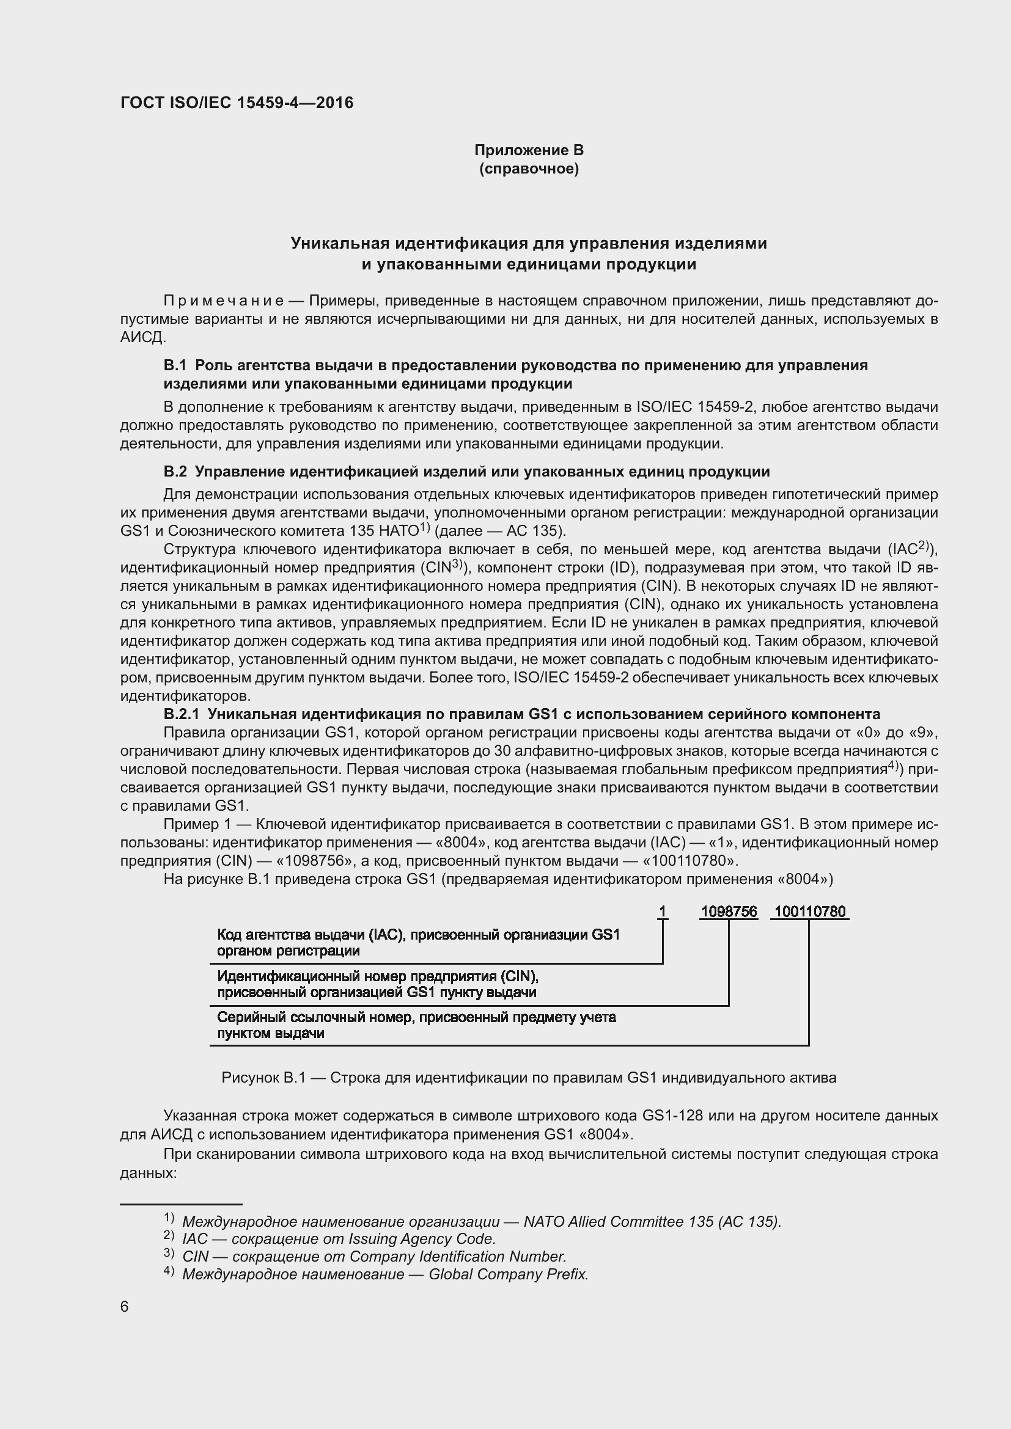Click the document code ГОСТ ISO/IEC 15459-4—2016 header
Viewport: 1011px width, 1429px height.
[237, 103]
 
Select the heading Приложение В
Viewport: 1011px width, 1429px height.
[529, 150]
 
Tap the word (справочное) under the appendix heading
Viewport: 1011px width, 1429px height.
[529, 169]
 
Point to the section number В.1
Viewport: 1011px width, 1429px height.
[175, 365]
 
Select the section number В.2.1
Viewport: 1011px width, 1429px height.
[181, 714]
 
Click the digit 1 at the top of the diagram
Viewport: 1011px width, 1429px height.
[663, 912]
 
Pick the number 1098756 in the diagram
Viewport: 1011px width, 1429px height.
[729, 912]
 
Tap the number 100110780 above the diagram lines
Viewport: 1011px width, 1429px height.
[809, 912]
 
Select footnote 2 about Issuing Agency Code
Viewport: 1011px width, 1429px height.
[339, 1238]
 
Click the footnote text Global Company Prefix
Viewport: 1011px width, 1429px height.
[508, 1274]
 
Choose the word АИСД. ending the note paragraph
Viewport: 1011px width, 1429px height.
[143, 338]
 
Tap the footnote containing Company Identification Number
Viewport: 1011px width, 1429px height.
[373, 1256]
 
